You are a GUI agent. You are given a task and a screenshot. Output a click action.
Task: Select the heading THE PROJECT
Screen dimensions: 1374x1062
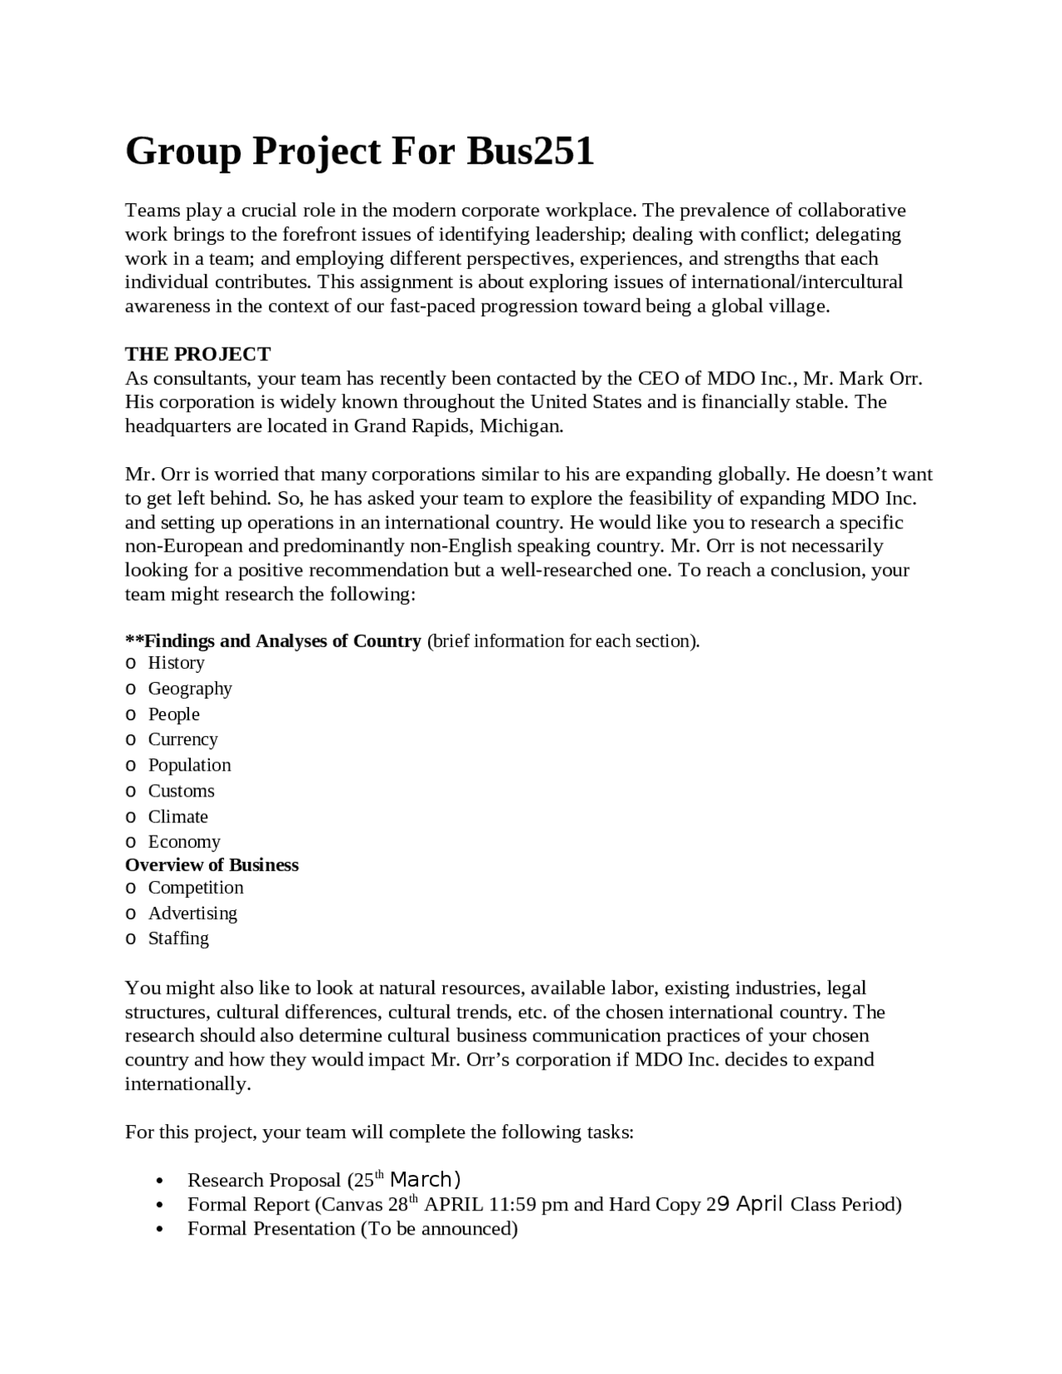(x=197, y=354)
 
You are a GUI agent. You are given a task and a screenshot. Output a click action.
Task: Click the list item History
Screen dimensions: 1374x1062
(x=176, y=663)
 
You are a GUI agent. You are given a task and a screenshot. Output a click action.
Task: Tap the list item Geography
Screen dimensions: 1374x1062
(x=190, y=689)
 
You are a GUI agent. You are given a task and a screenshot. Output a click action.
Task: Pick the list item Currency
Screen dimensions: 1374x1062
(x=183, y=739)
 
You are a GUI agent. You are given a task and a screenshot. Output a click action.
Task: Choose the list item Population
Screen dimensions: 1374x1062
(x=189, y=765)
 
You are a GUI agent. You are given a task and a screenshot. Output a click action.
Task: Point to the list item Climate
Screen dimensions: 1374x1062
(x=178, y=816)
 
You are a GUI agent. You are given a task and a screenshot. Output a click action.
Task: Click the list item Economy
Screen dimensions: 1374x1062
(x=184, y=842)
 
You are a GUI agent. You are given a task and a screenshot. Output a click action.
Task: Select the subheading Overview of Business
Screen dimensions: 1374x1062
(x=212, y=865)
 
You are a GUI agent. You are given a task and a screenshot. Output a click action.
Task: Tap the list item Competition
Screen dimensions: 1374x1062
(x=196, y=888)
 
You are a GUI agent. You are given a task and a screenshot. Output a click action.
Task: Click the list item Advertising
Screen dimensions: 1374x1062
(x=192, y=914)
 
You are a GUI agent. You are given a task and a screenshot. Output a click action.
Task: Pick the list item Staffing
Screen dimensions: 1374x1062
(x=178, y=938)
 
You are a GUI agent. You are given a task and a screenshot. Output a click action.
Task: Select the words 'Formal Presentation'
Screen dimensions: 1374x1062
(x=271, y=1229)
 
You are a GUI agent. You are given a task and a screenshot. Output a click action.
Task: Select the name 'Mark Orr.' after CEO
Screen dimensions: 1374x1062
(x=881, y=379)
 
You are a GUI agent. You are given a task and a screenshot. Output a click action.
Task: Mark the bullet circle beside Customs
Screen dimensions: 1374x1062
(x=130, y=792)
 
